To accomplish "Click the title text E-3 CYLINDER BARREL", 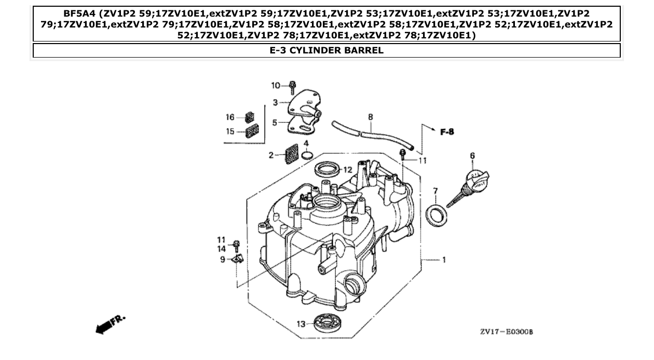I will click(x=326, y=50).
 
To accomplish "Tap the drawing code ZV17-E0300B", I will click(x=506, y=331).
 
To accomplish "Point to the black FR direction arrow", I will click(x=105, y=326).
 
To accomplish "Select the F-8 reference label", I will click(x=446, y=132).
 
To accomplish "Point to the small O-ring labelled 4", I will click(x=307, y=155).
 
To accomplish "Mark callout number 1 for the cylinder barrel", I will click(x=443, y=260).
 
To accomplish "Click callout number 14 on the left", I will click(x=221, y=248).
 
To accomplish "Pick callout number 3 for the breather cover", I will click(x=276, y=102).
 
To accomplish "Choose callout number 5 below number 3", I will click(x=276, y=123).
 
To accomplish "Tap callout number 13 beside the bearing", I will click(x=301, y=324).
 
